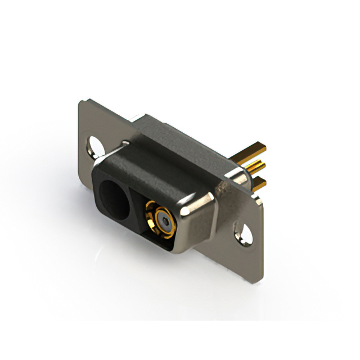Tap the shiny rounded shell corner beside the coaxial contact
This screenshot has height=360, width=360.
[x=197, y=209]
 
